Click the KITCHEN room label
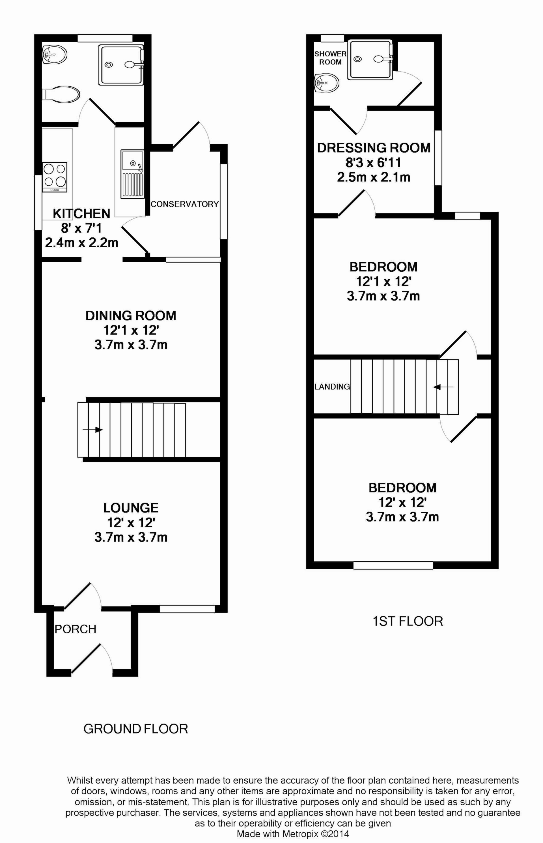[x=81, y=213]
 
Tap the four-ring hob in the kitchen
[x=55, y=177]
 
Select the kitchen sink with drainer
[x=133, y=173]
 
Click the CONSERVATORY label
[x=184, y=204]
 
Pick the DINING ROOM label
[x=131, y=315]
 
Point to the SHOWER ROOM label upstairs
[x=330, y=58]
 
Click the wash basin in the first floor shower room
[x=326, y=83]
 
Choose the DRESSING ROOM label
[x=374, y=148]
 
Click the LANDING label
[x=332, y=387]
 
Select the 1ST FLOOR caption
[x=408, y=621]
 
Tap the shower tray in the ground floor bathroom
[x=121, y=65]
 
